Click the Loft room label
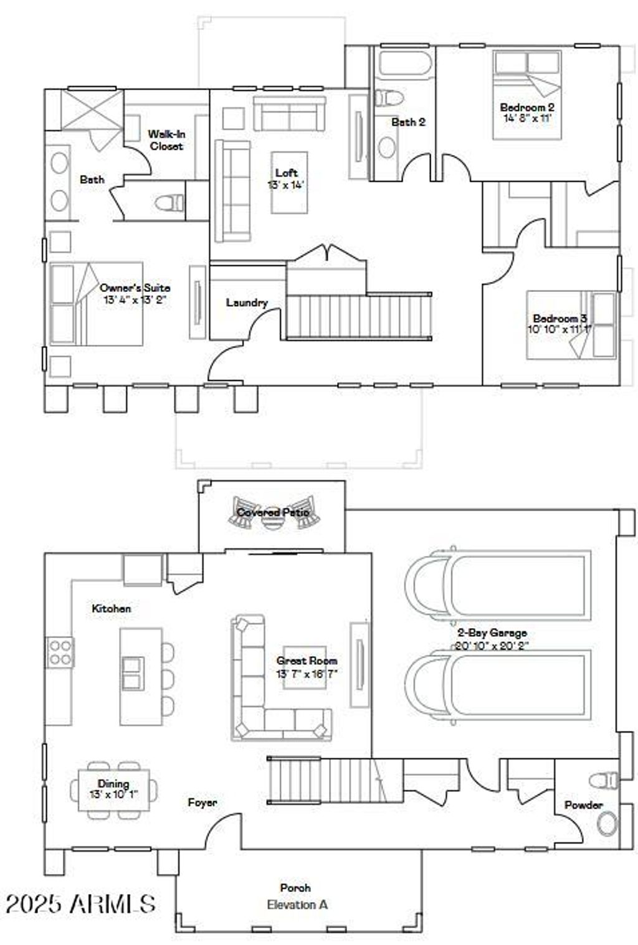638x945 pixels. click(287, 173)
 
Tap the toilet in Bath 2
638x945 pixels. click(391, 98)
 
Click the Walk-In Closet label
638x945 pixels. click(166, 140)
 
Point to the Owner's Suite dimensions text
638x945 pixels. click(135, 299)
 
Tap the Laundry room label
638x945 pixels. click(247, 303)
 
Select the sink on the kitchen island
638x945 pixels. click(133, 672)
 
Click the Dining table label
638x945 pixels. click(113, 784)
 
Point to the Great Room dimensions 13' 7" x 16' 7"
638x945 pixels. click(307, 674)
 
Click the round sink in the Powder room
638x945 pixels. click(606, 824)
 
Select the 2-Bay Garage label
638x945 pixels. click(491, 632)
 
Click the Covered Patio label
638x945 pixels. click(272, 512)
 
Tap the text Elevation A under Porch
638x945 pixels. click(297, 905)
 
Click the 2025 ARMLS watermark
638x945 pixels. click(80, 904)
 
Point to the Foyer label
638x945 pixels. click(202, 802)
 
